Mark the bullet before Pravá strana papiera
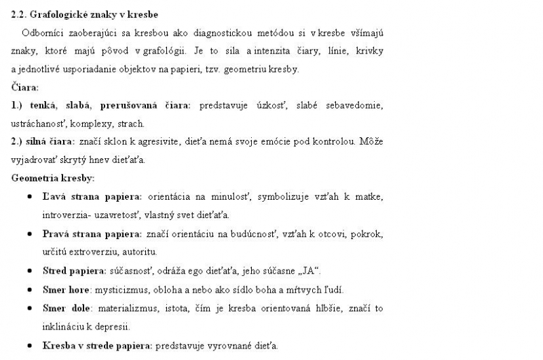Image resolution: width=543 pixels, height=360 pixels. point(31,234)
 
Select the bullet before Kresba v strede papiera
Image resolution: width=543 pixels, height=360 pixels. point(31,345)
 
